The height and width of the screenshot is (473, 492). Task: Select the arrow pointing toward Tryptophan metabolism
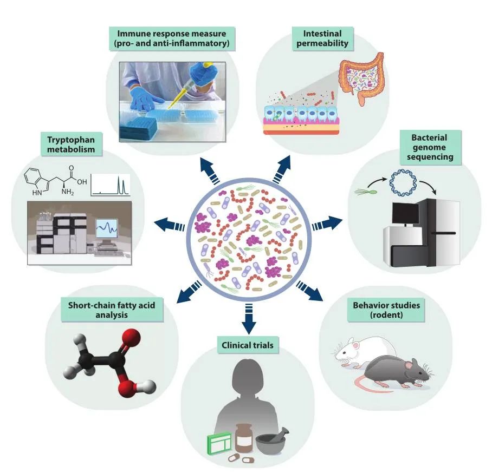(x=168, y=222)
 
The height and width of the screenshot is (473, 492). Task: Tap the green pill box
(x=218, y=446)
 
